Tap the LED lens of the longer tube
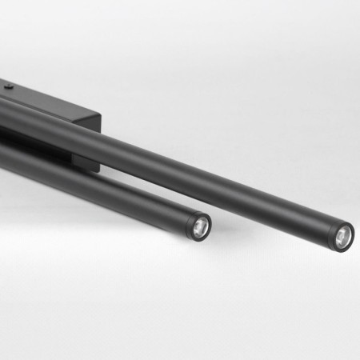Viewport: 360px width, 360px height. (343, 237)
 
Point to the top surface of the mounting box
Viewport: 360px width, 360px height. (48, 97)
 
